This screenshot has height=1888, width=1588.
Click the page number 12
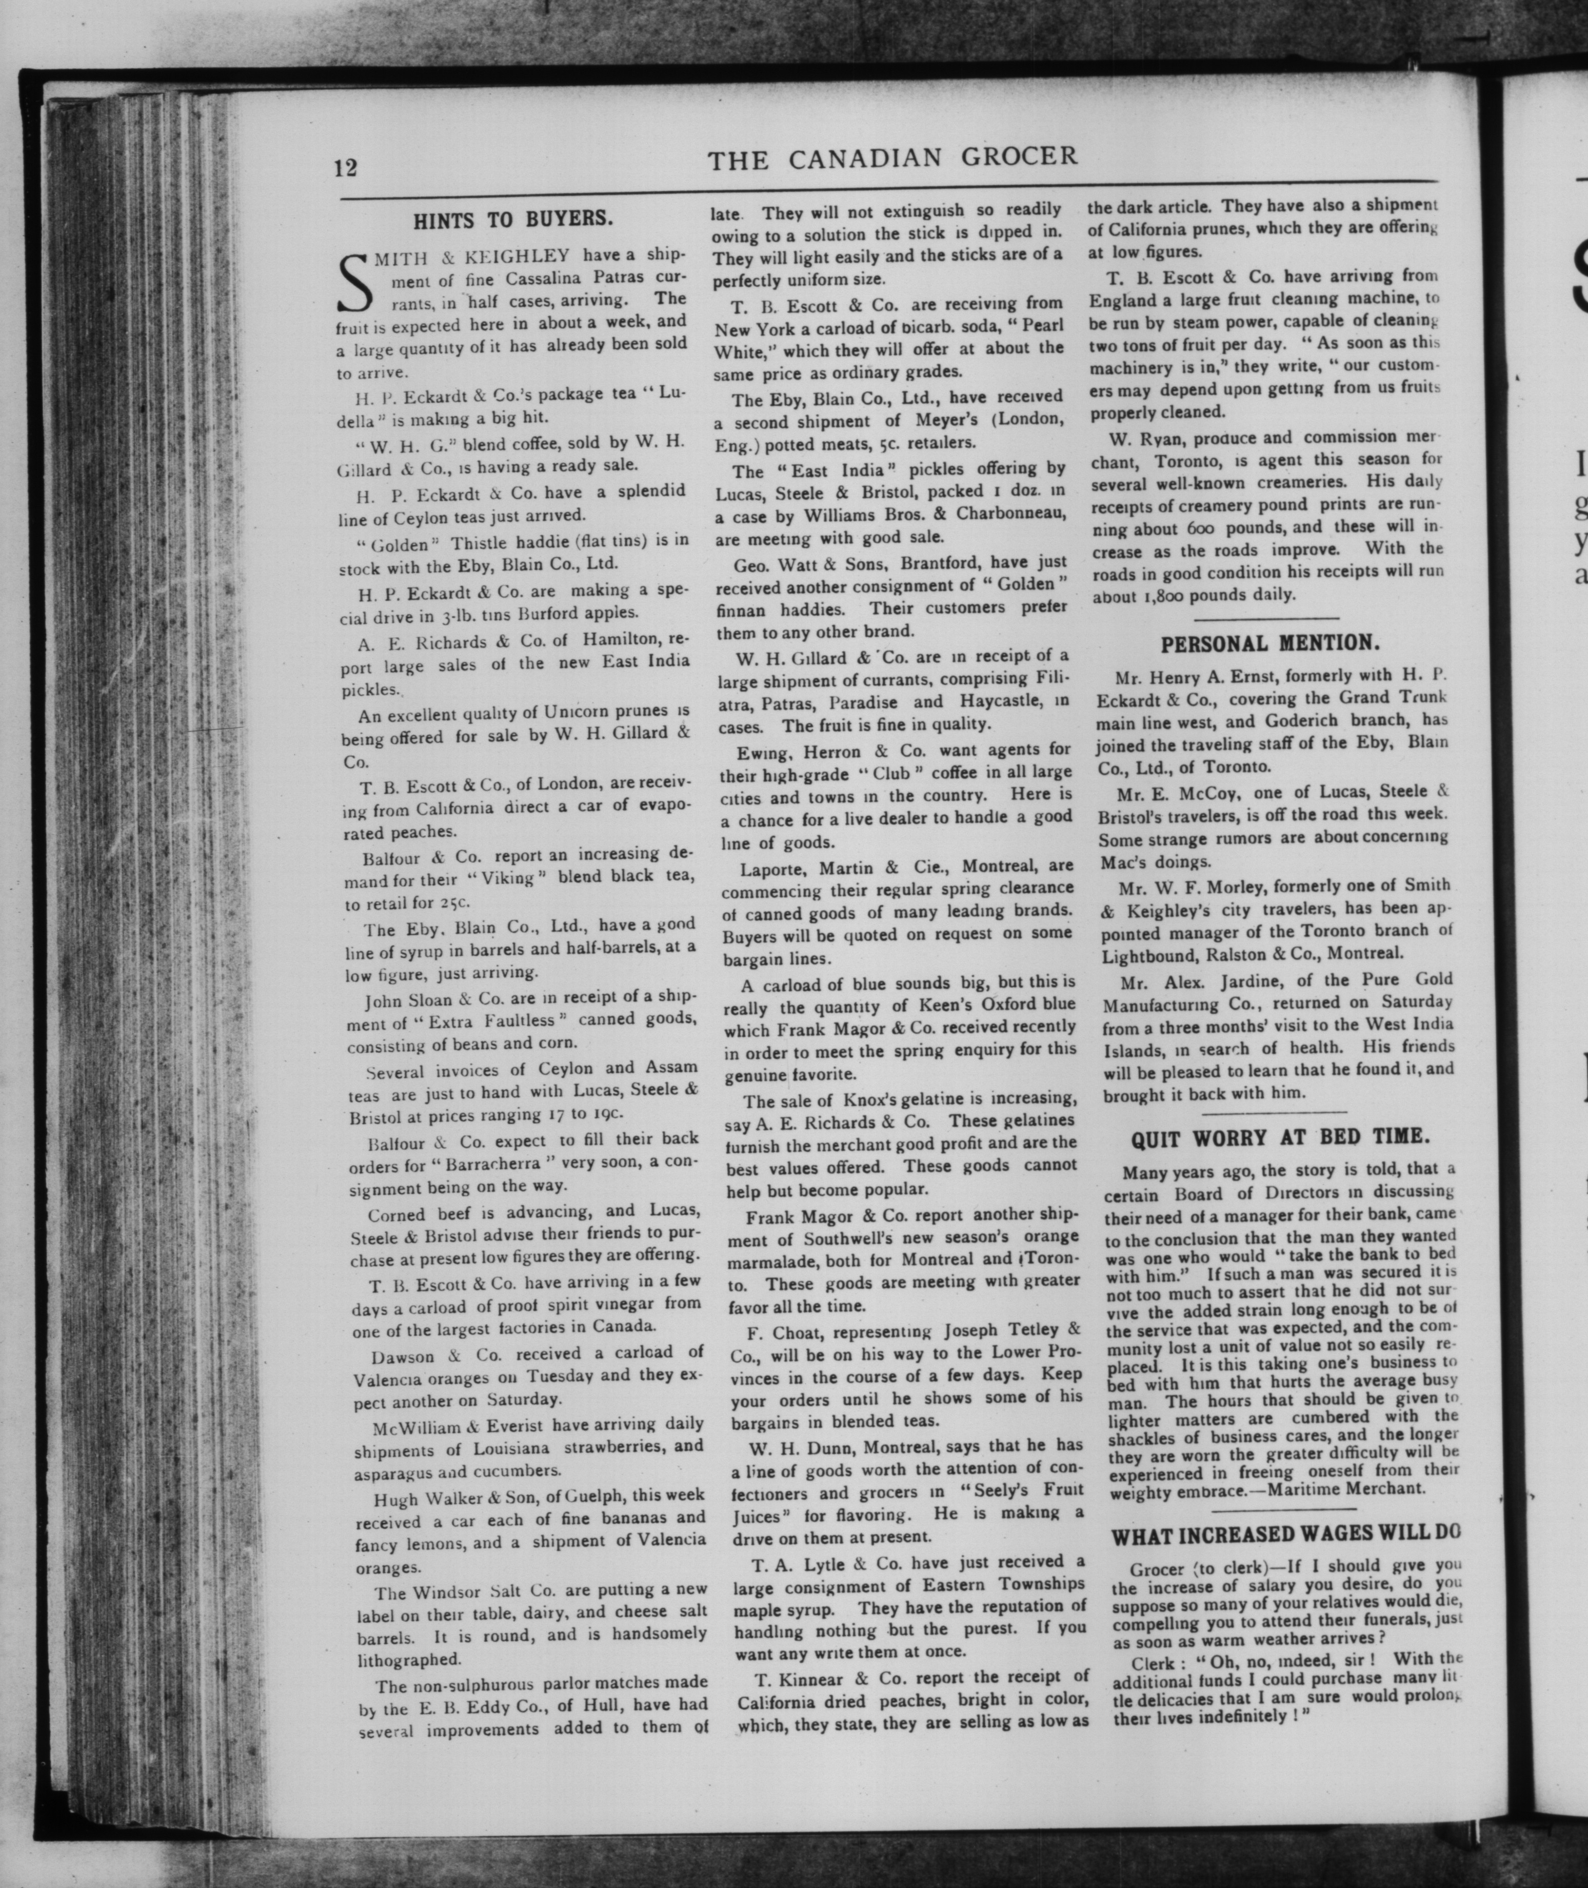click(x=346, y=168)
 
